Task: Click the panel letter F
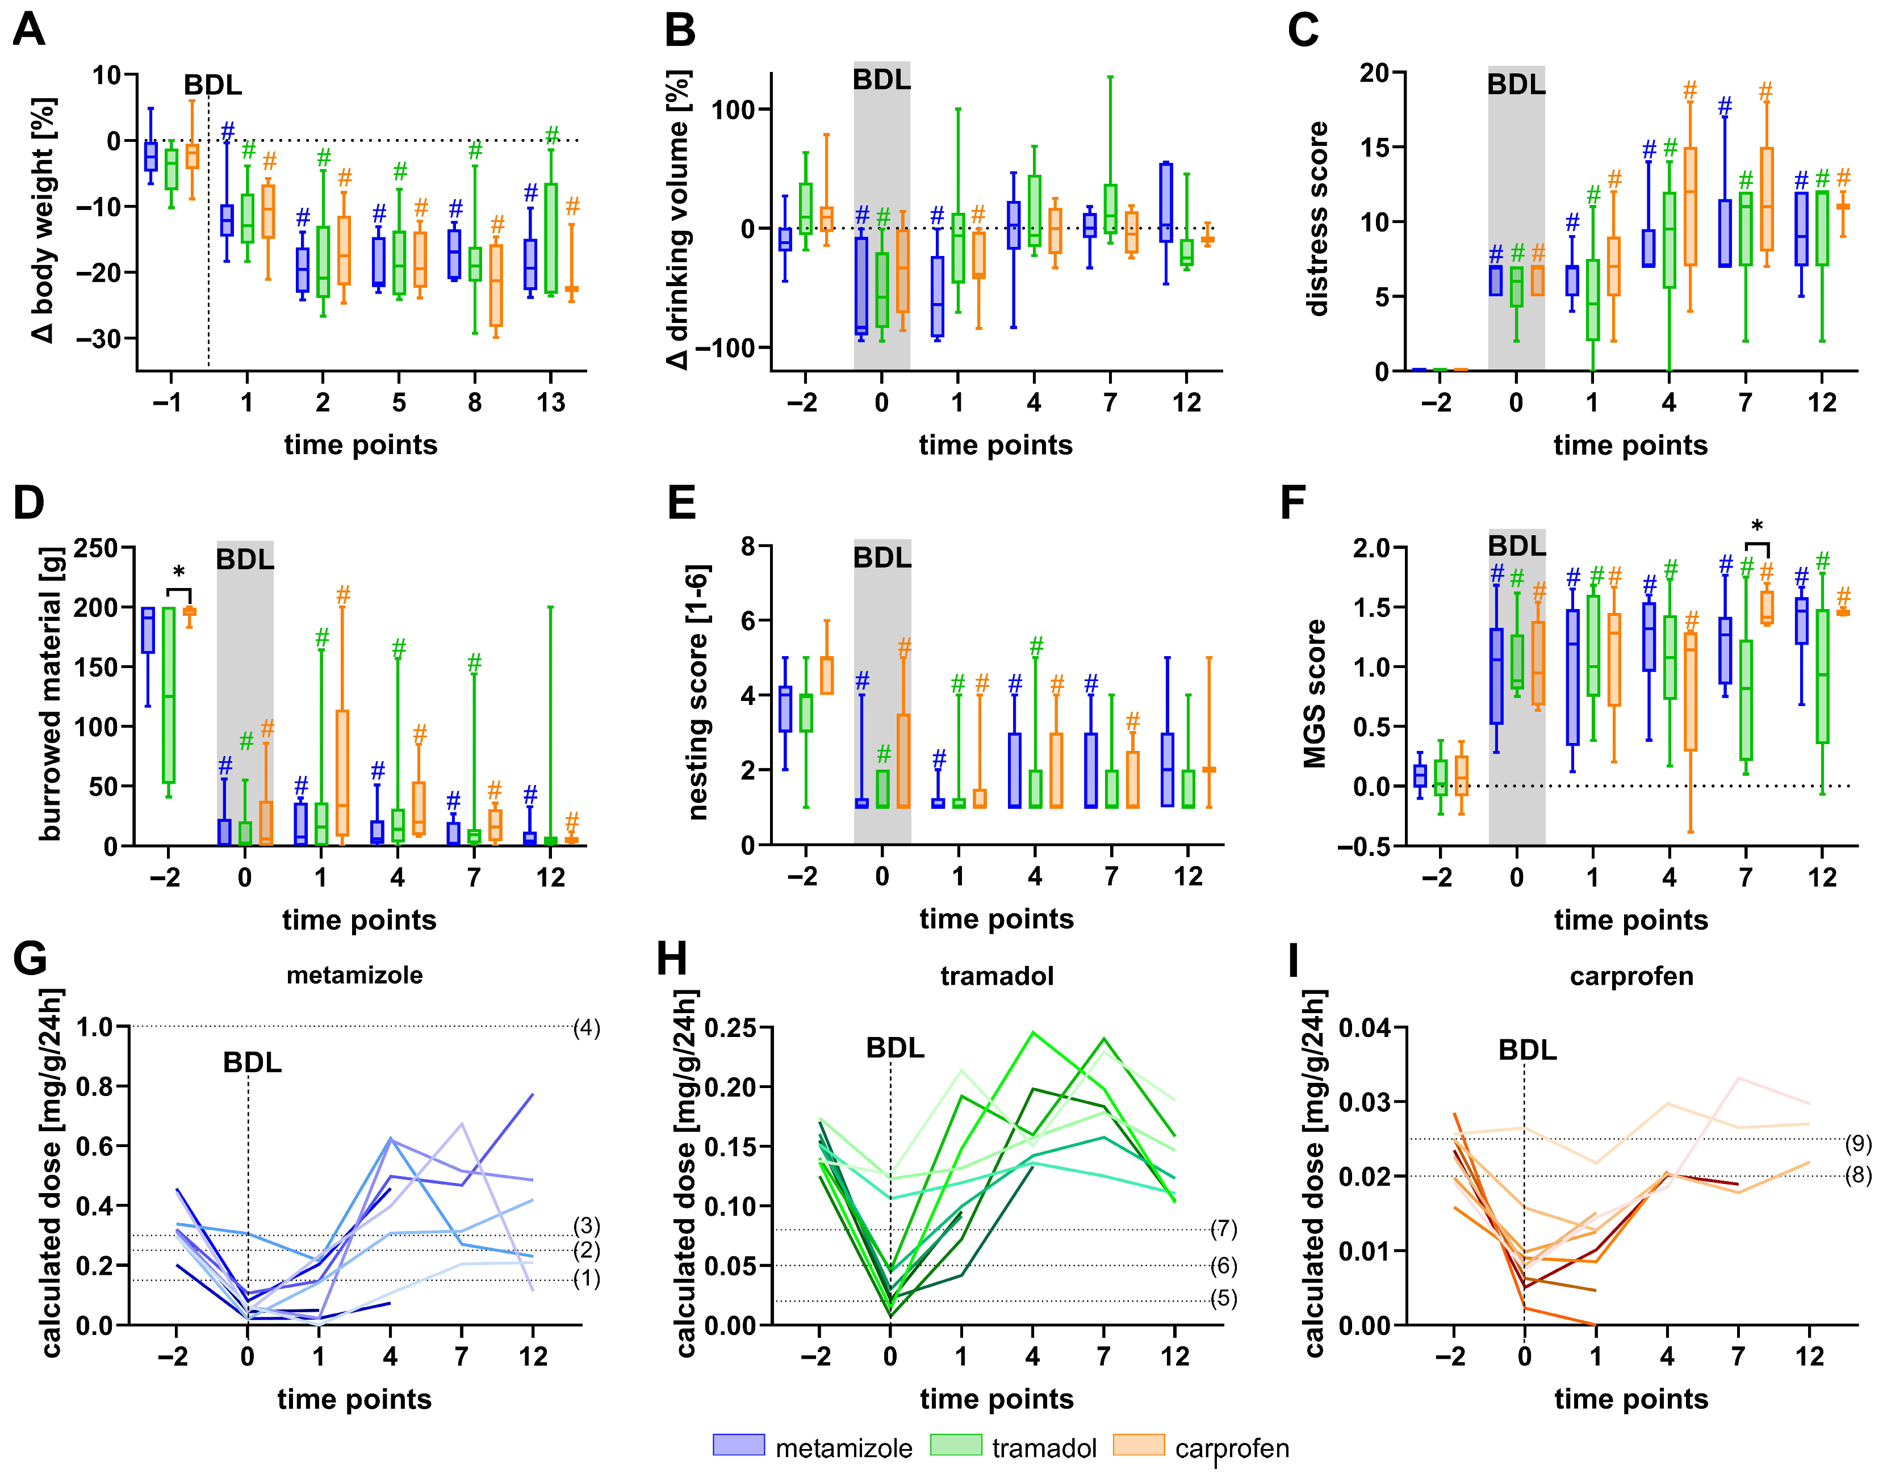tap(1292, 503)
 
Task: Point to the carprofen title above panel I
tap(1631, 976)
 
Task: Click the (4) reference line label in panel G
tap(587, 1028)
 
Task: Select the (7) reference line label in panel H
tap(1223, 1229)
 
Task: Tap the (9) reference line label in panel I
tap(1857, 1144)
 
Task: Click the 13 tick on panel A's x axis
tap(550, 402)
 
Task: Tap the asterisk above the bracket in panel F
tap(1756, 527)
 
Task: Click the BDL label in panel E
tap(882, 558)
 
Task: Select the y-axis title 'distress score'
tap(1316, 219)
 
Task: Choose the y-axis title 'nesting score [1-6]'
tap(698, 692)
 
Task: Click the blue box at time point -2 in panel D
tap(148, 630)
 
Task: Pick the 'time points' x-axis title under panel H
tap(996, 1399)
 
